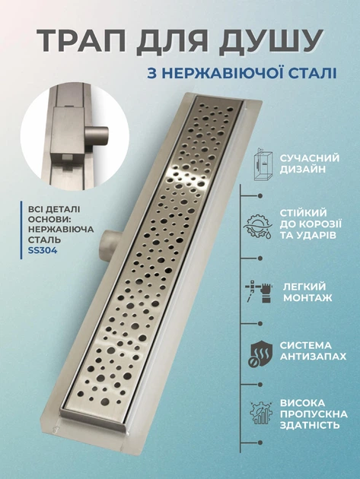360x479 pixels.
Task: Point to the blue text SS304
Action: click(42, 250)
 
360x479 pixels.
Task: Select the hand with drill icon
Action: click(259, 292)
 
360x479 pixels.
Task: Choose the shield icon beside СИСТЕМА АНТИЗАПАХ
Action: click(260, 354)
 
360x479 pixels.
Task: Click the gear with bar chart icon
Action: click(260, 412)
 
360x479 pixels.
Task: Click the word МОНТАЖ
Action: click(307, 298)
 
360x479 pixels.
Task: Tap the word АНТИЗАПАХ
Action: click(313, 357)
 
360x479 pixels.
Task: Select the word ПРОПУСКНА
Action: click(314, 414)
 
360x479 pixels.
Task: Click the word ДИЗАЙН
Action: click(303, 170)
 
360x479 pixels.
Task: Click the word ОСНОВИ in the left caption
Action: click(46, 220)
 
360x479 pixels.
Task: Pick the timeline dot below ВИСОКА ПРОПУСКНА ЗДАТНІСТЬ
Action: click(260, 443)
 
